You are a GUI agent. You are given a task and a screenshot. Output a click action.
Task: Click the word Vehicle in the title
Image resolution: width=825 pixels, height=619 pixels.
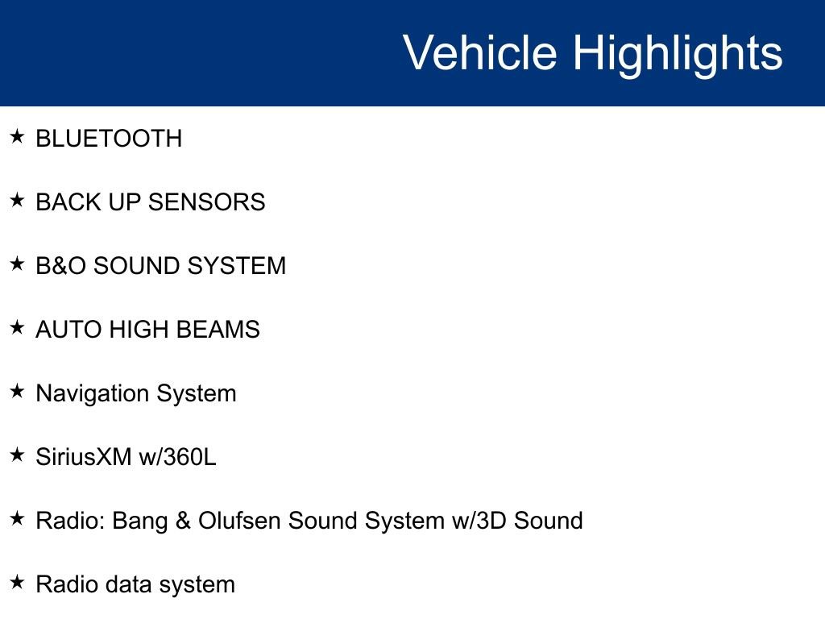tap(480, 52)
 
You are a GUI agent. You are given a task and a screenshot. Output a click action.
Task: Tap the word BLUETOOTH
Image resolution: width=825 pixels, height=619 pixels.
tap(109, 139)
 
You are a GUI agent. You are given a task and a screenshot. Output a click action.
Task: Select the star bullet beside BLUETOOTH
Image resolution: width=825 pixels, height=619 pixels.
tap(17, 136)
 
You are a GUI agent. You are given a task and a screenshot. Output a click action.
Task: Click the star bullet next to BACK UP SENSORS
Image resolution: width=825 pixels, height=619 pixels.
tap(17, 200)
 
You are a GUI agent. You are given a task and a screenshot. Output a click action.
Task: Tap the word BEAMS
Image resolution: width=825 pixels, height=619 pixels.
tap(218, 330)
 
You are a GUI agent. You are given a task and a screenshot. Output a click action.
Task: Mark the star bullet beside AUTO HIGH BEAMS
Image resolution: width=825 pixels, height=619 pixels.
tap(17, 327)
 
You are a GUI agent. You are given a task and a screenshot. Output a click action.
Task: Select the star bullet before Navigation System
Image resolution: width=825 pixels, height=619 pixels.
tap(17, 391)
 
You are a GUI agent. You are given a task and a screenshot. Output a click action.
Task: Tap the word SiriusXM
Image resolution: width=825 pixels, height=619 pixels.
tap(84, 457)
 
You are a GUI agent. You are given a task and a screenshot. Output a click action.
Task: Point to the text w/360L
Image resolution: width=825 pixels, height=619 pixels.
tap(177, 457)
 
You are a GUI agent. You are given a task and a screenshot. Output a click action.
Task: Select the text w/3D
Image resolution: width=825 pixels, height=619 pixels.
tap(479, 521)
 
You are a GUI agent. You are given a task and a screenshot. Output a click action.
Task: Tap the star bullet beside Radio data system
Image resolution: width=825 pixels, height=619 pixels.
tap(17, 582)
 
